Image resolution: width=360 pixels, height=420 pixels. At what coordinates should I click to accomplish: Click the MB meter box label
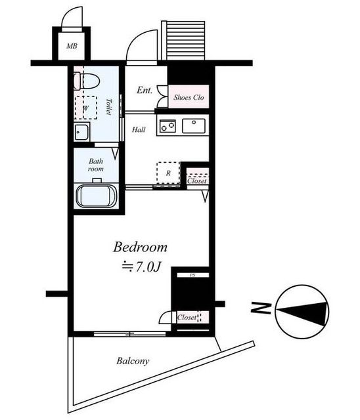click(72, 46)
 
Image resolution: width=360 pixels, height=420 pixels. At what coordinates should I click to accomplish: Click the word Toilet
click(109, 106)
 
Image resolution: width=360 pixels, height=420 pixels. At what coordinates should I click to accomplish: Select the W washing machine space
click(86, 108)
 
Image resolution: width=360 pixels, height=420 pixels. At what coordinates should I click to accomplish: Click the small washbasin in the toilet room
click(81, 132)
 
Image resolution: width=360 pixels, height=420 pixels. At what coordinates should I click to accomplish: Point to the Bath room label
click(96, 165)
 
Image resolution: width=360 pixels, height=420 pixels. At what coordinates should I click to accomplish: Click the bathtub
click(97, 196)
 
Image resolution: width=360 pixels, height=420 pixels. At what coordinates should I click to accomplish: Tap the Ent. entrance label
click(145, 90)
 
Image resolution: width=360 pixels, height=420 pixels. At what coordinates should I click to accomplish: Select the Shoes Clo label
click(189, 97)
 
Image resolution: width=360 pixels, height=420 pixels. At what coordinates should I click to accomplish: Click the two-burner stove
click(168, 126)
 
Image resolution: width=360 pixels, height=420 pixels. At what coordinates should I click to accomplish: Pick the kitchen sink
click(194, 126)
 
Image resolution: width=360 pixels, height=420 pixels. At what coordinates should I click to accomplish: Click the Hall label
click(139, 130)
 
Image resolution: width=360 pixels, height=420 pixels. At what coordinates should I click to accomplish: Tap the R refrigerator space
click(168, 173)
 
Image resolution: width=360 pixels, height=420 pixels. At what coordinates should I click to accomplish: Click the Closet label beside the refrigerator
click(197, 181)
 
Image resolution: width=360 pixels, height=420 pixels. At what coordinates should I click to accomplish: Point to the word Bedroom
click(140, 247)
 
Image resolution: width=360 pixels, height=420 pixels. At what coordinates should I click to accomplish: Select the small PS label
click(192, 275)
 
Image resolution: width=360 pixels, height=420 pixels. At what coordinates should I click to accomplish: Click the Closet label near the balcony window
click(187, 318)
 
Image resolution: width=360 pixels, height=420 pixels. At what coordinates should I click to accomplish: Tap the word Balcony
click(133, 361)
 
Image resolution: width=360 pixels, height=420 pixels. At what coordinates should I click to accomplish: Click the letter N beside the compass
click(261, 308)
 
